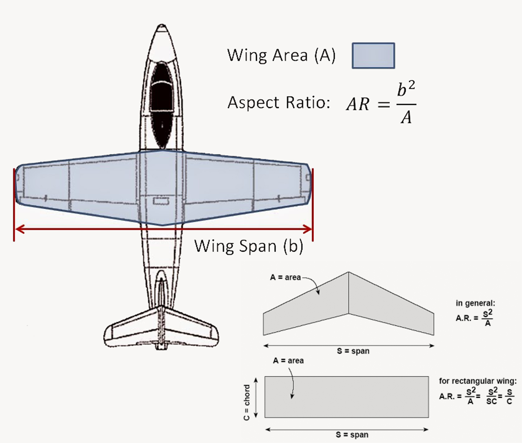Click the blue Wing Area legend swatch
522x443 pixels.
tap(373, 56)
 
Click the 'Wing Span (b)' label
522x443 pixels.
tap(249, 246)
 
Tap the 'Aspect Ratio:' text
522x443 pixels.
tap(279, 103)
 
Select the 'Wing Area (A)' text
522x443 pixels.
tap(281, 55)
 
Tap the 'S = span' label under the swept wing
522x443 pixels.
tap(353, 351)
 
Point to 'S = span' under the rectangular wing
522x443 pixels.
tap(352, 435)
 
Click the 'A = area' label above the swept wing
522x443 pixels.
tap(285, 277)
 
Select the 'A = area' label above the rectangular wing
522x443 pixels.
tap(288, 361)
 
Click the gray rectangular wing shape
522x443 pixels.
tap(346, 397)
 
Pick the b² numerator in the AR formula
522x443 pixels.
tap(406, 89)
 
